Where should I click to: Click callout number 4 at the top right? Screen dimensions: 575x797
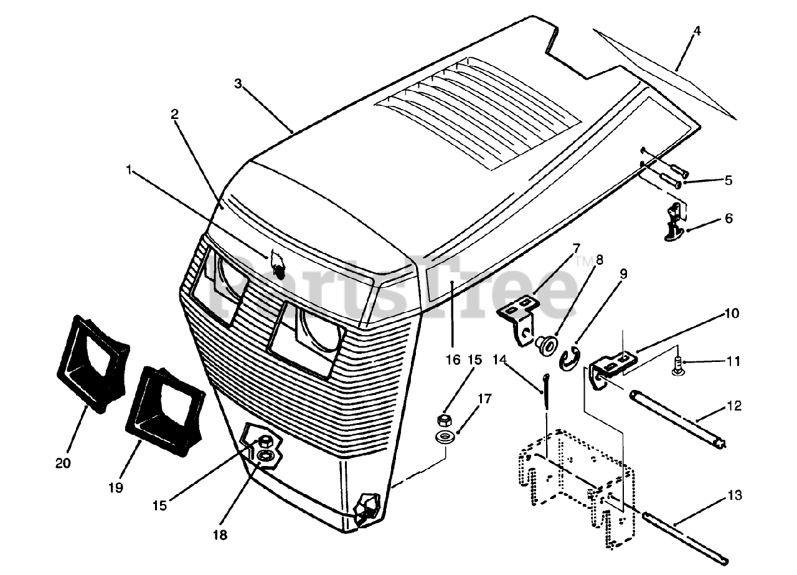click(697, 31)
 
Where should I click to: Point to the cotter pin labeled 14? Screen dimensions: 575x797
click(546, 392)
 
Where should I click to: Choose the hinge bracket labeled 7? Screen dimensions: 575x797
click(522, 318)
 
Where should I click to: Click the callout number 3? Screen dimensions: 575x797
click(238, 83)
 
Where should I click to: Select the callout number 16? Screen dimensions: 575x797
click(453, 359)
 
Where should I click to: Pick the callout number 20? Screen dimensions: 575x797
click(63, 463)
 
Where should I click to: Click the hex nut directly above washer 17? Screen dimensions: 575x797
click(445, 419)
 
